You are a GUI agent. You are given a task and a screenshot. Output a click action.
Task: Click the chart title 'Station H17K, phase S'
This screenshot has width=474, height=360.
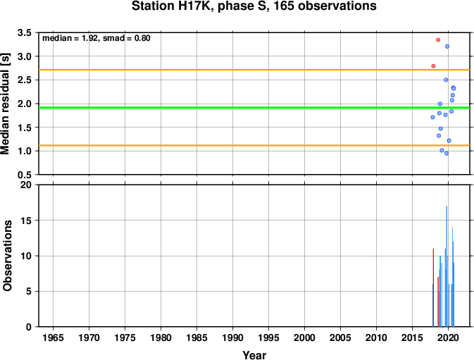pyautogui.click(x=199, y=6)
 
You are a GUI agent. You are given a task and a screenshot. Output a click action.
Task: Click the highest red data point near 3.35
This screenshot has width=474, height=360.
pyautogui.click(x=438, y=39)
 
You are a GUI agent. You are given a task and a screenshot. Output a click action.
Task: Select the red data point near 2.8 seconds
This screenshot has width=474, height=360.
pyautogui.click(x=433, y=66)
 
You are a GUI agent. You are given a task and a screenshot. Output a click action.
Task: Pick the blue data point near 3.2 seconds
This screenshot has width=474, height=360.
pyautogui.click(x=447, y=46)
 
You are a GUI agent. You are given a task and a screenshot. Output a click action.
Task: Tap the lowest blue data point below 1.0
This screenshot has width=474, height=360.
pyautogui.click(x=447, y=154)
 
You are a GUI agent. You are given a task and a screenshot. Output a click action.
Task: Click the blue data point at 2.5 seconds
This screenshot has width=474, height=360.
pyautogui.click(x=446, y=80)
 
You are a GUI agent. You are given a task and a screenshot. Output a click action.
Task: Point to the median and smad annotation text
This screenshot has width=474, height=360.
pyautogui.click(x=96, y=38)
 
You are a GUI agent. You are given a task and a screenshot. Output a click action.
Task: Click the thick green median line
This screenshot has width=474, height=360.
pyautogui.click(x=254, y=108)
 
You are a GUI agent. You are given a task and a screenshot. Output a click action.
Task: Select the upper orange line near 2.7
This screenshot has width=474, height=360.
pyautogui.click(x=254, y=70)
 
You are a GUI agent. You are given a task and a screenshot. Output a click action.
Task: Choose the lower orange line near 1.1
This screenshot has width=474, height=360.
pyautogui.click(x=254, y=145)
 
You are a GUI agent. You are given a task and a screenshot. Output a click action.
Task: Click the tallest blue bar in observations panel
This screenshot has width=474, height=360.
pyautogui.click(x=447, y=266)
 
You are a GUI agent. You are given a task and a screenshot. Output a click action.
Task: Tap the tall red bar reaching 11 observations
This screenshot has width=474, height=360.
pyautogui.click(x=433, y=287)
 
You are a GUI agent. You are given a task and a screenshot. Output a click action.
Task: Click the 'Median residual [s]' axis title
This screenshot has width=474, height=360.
pyautogui.click(x=6, y=104)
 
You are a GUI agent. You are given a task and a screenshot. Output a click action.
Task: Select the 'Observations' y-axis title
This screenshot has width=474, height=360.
pyautogui.click(x=7, y=256)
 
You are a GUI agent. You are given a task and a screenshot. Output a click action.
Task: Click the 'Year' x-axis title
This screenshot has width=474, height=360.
pyautogui.click(x=254, y=355)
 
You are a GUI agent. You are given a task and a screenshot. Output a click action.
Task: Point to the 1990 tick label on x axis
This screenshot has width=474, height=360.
pyautogui.click(x=232, y=337)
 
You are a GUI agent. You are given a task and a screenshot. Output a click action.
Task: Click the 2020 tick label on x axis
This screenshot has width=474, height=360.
pyautogui.click(x=448, y=337)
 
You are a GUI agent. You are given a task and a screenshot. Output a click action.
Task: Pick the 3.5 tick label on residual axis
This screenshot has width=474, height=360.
pyautogui.click(x=25, y=32)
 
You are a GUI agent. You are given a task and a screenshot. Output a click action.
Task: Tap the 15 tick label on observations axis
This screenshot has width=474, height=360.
pyautogui.click(x=26, y=220)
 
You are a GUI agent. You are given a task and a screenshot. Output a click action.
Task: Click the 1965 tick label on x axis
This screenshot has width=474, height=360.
pyautogui.click(x=54, y=337)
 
